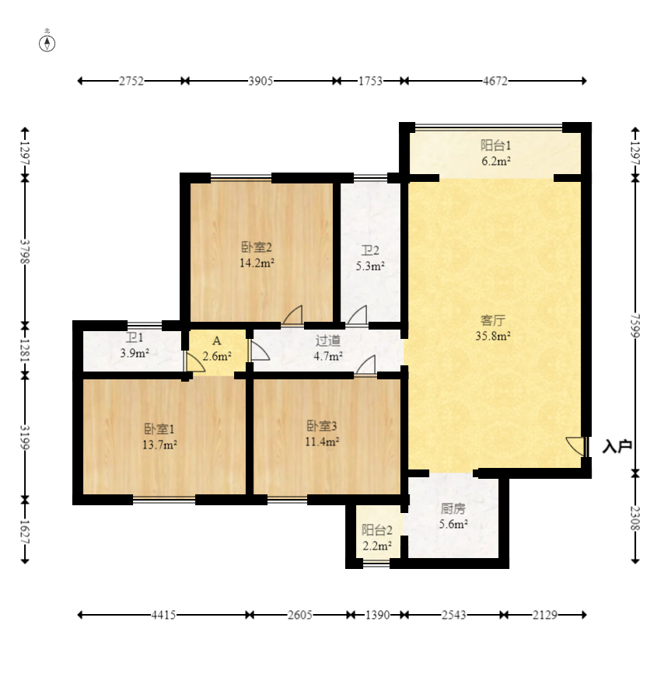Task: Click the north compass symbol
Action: click(47, 44)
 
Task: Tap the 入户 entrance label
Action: click(617, 446)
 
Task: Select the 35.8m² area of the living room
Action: click(493, 336)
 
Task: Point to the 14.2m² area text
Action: click(257, 263)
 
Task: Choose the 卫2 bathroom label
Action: click(370, 250)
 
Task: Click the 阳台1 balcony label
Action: click(495, 145)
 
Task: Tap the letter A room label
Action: click(216, 340)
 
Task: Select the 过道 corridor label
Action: click(327, 340)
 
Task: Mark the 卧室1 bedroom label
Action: click(159, 428)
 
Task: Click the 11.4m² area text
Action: click(322, 441)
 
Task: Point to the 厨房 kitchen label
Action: click(453, 508)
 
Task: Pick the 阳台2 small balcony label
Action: click(377, 529)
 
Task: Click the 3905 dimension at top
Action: click(260, 81)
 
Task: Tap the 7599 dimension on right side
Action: click(635, 325)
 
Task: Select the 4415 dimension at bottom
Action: click(163, 615)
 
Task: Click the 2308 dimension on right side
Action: click(635, 518)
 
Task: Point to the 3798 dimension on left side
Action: click(25, 251)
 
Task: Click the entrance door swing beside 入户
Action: click(575, 446)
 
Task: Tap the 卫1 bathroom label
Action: click(135, 337)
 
